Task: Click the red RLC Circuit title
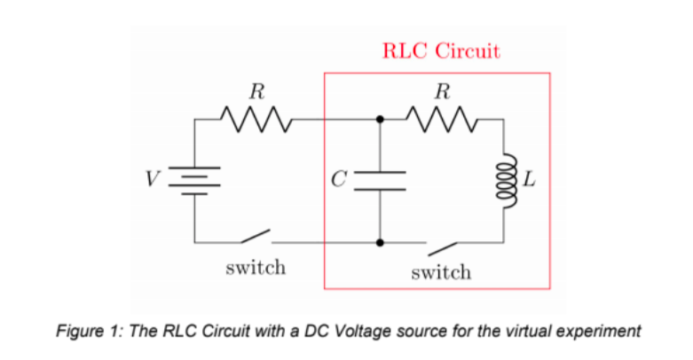pyautogui.click(x=441, y=51)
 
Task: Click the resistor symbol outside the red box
pyautogui.click(x=256, y=118)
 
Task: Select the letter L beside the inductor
pyautogui.click(x=530, y=181)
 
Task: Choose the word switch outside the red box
pyautogui.click(x=256, y=267)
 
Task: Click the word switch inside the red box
pyautogui.click(x=441, y=272)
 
